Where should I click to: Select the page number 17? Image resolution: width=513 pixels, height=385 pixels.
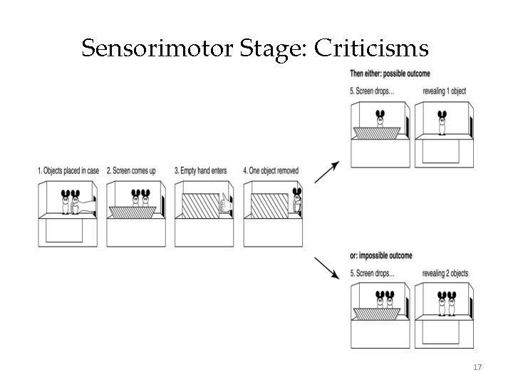pyautogui.click(x=477, y=367)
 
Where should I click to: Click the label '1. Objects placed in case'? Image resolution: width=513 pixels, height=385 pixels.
pyautogui.click(x=69, y=171)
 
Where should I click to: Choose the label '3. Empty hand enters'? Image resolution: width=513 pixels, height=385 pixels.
pyautogui.click(x=202, y=171)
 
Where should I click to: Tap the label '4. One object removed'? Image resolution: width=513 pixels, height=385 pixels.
pyautogui.click(x=271, y=171)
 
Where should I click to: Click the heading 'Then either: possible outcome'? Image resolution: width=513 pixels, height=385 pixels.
pyautogui.click(x=390, y=73)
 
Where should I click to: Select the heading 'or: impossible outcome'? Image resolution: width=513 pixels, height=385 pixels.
pyautogui.click(x=381, y=255)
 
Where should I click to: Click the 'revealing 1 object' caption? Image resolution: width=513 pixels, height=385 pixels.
pyautogui.click(x=445, y=92)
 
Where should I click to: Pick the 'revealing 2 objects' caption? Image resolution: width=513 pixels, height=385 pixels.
pyautogui.click(x=445, y=274)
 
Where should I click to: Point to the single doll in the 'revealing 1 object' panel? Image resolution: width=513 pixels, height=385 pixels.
pyautogui.click(x=442, y=122)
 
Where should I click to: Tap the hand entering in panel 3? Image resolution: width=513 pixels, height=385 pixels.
pyautogui.click(x=226, y=204)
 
